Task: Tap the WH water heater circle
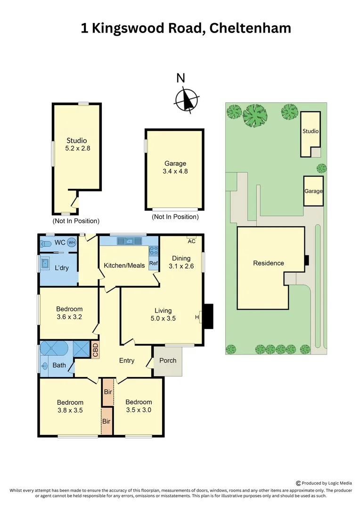pyautogui.click(x=72, y=243)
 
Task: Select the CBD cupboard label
pyautogui.click(x=95, y=350)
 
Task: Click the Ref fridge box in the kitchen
pyautogui.click(x=154, y=263)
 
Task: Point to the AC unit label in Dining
pyautogui.click(x=192, y=241)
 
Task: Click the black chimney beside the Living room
pyautogui.click(x=208, y=316)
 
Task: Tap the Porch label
pyautogui.click(x=168, y=361)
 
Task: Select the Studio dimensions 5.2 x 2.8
pyautogui.click(x=77, y=148)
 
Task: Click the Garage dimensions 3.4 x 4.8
pyautogui.click(x=175, y=172)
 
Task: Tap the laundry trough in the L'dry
pyautogui.click(x=46, y=263)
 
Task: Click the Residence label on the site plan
pyautogui.click(x=269, y=263)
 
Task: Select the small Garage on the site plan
pyautogui.click(x=313, y=191)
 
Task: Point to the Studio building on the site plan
pyautogui.click(x=311, y=132)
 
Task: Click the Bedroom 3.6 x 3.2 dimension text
pyautogui.click(x=69, y=317)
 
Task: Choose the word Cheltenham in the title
pyautogui.click(x=251, y=28)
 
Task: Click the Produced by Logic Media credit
pyautogui.click(x=324, y=483)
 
